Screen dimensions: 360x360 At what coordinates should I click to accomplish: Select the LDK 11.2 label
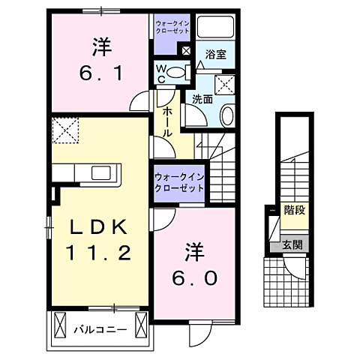pyautogui.click(x=101, y=239)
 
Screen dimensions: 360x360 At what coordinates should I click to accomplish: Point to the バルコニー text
pyautogui.click(x=99, y=328)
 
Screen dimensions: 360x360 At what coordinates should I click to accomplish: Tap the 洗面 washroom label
pyautogui.click(x=201, y=97)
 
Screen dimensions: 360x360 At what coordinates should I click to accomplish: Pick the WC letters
pyautogui.click(x=161, y=73)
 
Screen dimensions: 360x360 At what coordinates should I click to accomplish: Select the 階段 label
pyautogui.click(x=293, y=210)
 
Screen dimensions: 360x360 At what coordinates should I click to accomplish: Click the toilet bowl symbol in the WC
pyautogui.click(x=177, y=73)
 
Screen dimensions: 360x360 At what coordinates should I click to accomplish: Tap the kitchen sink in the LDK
pyautogui.click(x=101, y=173)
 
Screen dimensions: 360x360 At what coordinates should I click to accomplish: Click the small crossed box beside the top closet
pyautogui.click(x=184, y=51)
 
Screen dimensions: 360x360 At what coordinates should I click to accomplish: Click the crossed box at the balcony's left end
pyautogui.click(x=58, y=326)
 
